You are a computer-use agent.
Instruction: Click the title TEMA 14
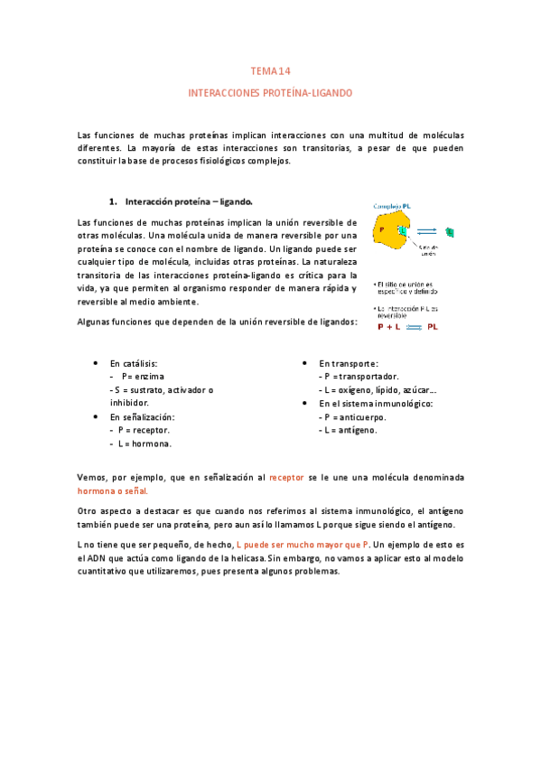click(270, 70)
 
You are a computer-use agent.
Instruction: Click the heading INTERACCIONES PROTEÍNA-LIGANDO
click(270, 93)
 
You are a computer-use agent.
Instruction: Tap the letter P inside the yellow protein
click(382, 229)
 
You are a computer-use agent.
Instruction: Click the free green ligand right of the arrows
click(450, 233)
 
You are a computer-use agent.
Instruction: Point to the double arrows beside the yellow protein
click(427, 231)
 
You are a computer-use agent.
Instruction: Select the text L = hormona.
click(141, 444)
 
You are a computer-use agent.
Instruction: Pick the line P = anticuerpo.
click(352, 416)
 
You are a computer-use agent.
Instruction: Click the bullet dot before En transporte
click(305, 361)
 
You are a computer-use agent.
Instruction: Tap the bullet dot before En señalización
click(97, 416)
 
